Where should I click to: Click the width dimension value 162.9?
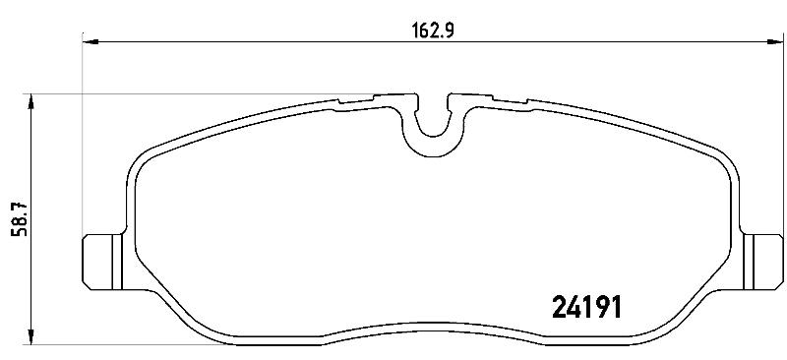pos(433,31)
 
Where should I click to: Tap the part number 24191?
pos(586,306)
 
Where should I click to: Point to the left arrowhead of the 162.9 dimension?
pos(90,41)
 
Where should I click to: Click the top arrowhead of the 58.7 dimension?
pos(31,102)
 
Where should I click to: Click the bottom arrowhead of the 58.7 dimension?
pos(31,337)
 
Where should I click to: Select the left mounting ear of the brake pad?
pos(102,262)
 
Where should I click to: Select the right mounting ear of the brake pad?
pos(763,262)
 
